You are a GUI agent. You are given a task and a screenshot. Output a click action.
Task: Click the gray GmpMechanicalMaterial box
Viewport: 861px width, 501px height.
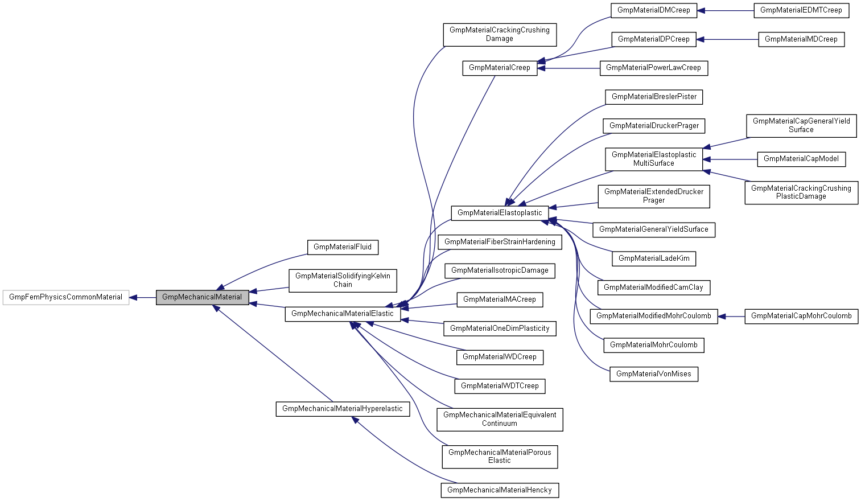point(202,297)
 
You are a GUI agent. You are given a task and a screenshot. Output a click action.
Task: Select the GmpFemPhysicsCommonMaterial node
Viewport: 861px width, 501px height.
point(65,297)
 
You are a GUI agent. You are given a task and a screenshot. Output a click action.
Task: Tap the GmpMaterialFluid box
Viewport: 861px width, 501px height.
point(342,247)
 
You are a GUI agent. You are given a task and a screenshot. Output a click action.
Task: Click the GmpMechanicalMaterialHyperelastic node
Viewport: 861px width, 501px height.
point(342,409)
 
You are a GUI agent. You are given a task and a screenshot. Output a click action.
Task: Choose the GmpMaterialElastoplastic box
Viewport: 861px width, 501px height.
point(500,213)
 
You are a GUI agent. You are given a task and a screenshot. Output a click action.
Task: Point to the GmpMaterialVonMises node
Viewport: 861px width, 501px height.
point(653,374)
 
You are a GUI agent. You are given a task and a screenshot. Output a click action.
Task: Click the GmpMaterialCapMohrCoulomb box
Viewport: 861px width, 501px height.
point(801,316)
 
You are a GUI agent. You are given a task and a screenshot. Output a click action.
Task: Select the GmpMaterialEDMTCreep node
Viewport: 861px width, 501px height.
point(801,10)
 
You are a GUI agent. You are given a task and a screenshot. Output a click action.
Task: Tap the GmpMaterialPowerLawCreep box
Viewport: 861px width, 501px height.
point(653,68)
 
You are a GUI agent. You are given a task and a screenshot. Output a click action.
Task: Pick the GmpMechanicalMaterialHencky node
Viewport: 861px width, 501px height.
point(499,490)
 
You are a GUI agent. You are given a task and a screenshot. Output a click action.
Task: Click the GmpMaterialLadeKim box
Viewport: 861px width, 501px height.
point(653,258)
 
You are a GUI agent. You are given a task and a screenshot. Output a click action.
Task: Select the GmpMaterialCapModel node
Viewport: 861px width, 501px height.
point(801,159)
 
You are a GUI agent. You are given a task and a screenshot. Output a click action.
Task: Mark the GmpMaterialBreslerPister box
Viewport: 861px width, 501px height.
point(653,97)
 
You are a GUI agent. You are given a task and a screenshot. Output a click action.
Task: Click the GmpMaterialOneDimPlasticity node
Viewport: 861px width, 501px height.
point(499,328)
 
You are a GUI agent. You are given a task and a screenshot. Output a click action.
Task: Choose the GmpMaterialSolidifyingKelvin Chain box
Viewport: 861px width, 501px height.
point(342,280)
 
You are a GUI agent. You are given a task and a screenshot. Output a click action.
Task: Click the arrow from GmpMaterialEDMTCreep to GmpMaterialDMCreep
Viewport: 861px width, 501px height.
point(725,10)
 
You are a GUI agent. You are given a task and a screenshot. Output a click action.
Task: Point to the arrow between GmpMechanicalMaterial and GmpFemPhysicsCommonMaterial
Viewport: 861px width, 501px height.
point(143,297)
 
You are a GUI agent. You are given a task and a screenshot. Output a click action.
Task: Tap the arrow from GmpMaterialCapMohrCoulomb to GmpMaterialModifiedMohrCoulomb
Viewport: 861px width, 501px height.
point(731,316)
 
